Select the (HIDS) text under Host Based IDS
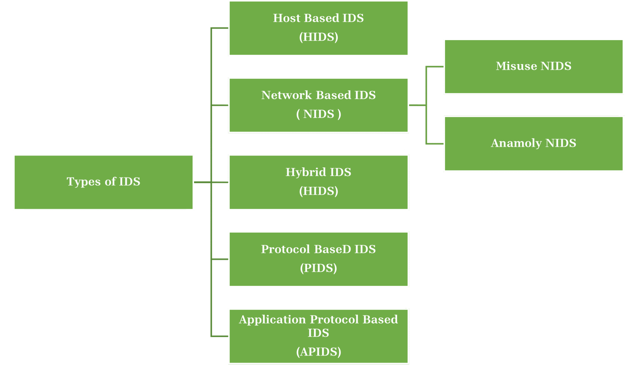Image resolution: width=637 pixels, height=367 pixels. pyautogui.click(x=318, y=37)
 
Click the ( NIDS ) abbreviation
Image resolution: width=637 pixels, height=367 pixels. pyautogui.click(x=318, y=114)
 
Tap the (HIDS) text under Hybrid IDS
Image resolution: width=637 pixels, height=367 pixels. pyautogui.click(x=318, y=191)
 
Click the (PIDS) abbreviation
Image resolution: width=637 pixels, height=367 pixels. pyautogui.click(x=318, y=268)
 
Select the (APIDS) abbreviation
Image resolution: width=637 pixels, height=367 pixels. pyautogui.click(x=318, y=352)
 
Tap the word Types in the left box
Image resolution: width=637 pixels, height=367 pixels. pyautogui.click(x=80, y=182)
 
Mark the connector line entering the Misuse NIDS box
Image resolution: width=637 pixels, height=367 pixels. pyautogui.click(x=435, y=66)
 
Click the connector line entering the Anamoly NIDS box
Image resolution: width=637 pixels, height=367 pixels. pyautogui.click(x=435, y=143)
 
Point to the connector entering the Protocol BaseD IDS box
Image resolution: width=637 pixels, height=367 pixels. pyautogui.click(x=220, y=259)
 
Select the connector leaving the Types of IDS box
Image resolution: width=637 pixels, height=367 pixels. pyautogui.click(x=202, y=183)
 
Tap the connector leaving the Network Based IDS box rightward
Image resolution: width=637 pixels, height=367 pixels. pyautogui.click(x=417, y=105)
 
